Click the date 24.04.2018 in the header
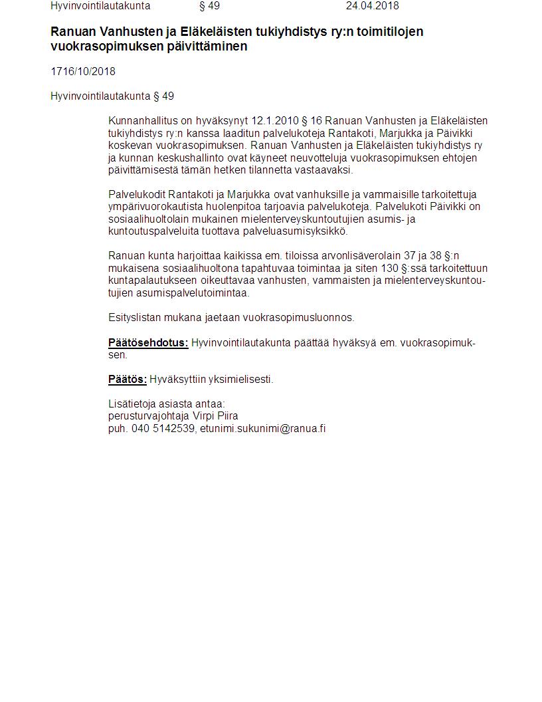(x=372, y=6)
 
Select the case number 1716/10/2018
(x=83, y=72)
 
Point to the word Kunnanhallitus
(x=141, y=121)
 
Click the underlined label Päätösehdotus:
(x=148, y=343)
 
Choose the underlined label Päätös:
(x=128, y=380)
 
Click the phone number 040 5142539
(x=163, y=429)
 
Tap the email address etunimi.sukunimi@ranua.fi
(x=263, y=429)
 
